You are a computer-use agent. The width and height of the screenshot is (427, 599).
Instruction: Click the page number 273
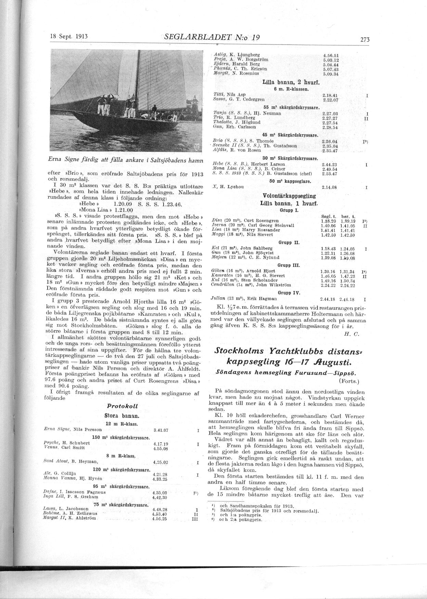(365, 40)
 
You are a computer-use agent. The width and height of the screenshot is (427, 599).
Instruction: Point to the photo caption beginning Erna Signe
(126, 160)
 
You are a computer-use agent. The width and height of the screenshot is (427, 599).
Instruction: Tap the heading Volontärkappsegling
(289, 196)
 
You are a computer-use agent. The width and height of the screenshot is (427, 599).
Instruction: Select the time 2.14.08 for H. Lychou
(330, 187)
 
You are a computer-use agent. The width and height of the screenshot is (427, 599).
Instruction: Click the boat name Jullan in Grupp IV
(218, 298)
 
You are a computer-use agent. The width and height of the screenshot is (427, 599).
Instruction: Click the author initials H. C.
(351, 334)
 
